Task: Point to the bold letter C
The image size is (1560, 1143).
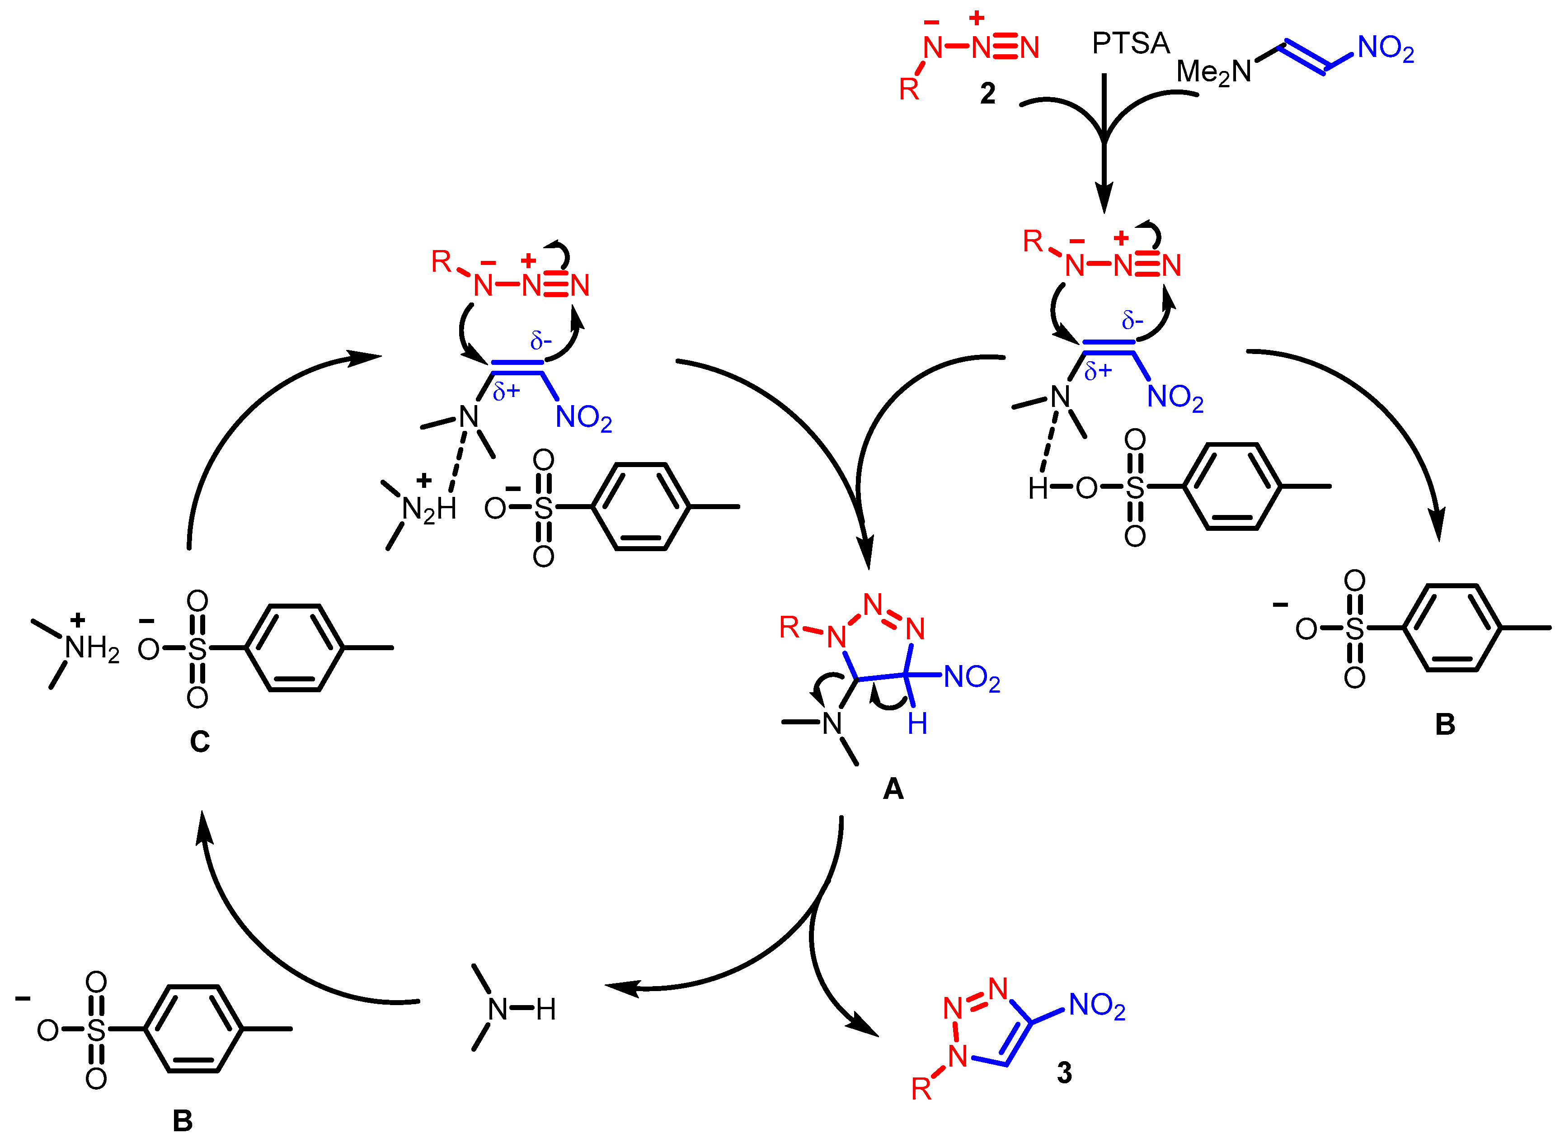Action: coord(200,742)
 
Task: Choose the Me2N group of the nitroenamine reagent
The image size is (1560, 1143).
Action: coord(1213,72)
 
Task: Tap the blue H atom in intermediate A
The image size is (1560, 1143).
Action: coord(917,724)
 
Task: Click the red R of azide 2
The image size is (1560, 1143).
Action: coord(909,89)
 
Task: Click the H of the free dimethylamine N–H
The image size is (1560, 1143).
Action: coord(545,1010)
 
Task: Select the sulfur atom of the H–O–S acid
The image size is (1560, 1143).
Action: coord(1135,488)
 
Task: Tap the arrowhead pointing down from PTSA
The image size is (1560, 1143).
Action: coord(1104,198)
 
